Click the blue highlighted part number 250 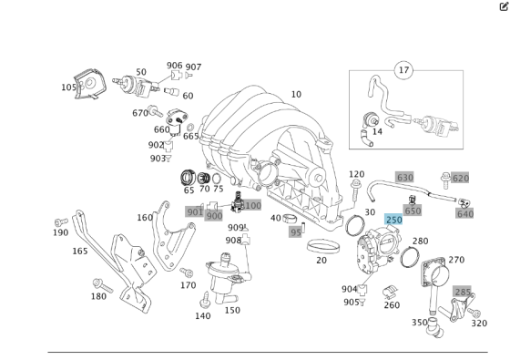(x=393, y=220)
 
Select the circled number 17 (x=403, y=70)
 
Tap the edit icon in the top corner (x=504, y=6)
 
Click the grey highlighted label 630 (x=405, y=178)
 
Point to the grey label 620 (x=461, y=178)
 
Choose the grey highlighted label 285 (x=463, y=292)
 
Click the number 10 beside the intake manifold (x=296, y=95)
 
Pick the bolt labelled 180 (x=103, y=285)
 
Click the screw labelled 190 (x=62, y=222)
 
